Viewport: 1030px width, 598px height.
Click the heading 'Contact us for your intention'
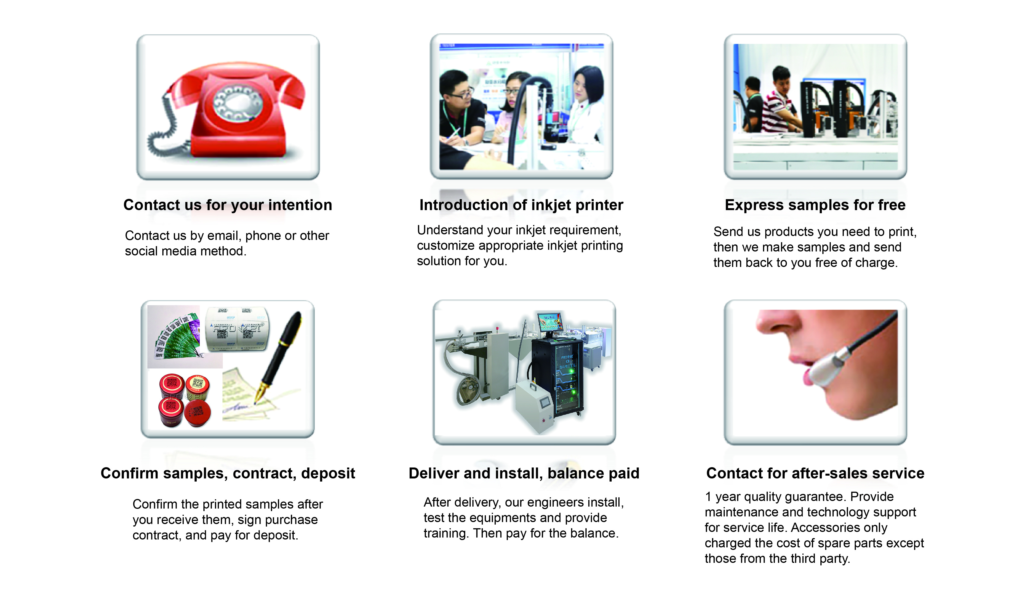click(x=228, y=205)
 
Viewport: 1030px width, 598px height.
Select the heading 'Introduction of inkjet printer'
click(x=521, y=205)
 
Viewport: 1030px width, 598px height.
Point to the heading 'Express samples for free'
click(x=815, y=205)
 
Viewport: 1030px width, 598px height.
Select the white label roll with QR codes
click(x=237, y=329)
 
